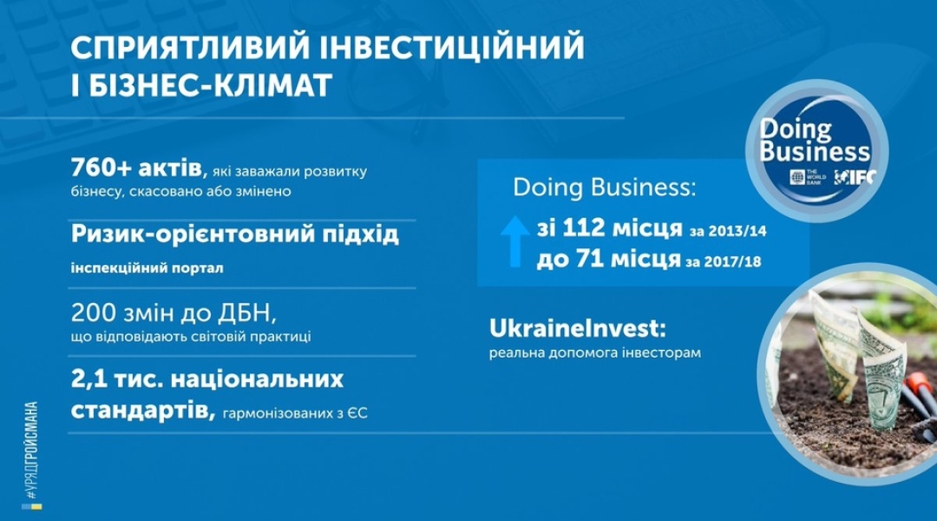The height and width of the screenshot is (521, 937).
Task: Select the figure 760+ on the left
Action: (101, 168)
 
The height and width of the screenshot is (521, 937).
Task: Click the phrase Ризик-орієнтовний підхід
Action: (235, 234)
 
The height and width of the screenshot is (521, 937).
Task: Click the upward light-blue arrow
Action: (514, 241)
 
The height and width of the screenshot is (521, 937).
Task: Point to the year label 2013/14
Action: (737, 232)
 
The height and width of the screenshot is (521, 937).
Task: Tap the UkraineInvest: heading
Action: (577, 328)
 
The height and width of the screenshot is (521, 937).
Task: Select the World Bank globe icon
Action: (798, 177)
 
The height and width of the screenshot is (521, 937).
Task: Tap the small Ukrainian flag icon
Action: (32, 507)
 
